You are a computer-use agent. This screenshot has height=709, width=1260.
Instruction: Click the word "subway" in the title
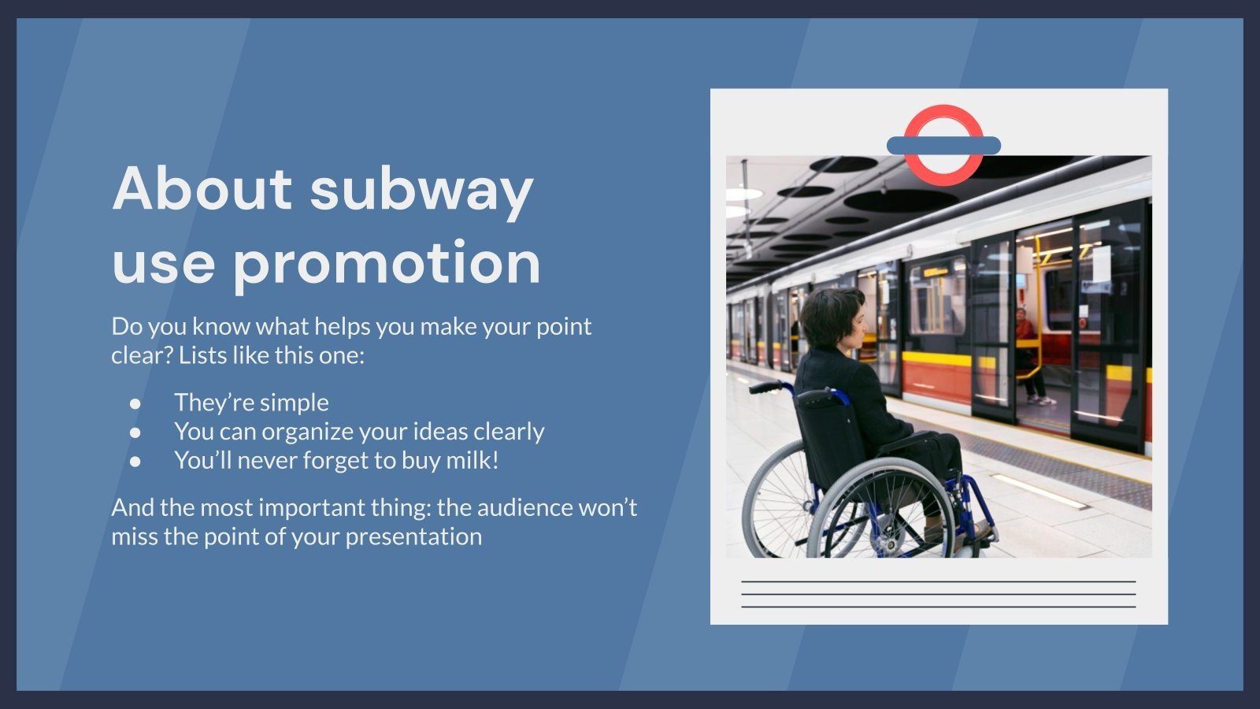421,190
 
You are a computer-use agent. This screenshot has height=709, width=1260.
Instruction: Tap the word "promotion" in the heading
387,263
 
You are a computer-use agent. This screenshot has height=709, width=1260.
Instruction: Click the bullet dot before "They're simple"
135,403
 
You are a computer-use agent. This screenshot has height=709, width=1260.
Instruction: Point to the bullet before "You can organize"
135,432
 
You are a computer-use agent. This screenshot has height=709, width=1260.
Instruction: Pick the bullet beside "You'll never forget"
135,461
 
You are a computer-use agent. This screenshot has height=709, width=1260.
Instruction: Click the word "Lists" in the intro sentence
202,355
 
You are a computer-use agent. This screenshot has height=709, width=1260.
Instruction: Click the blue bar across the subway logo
943,146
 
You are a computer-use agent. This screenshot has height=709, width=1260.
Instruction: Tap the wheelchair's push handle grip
761,387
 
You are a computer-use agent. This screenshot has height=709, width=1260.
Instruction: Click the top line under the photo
938,582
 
